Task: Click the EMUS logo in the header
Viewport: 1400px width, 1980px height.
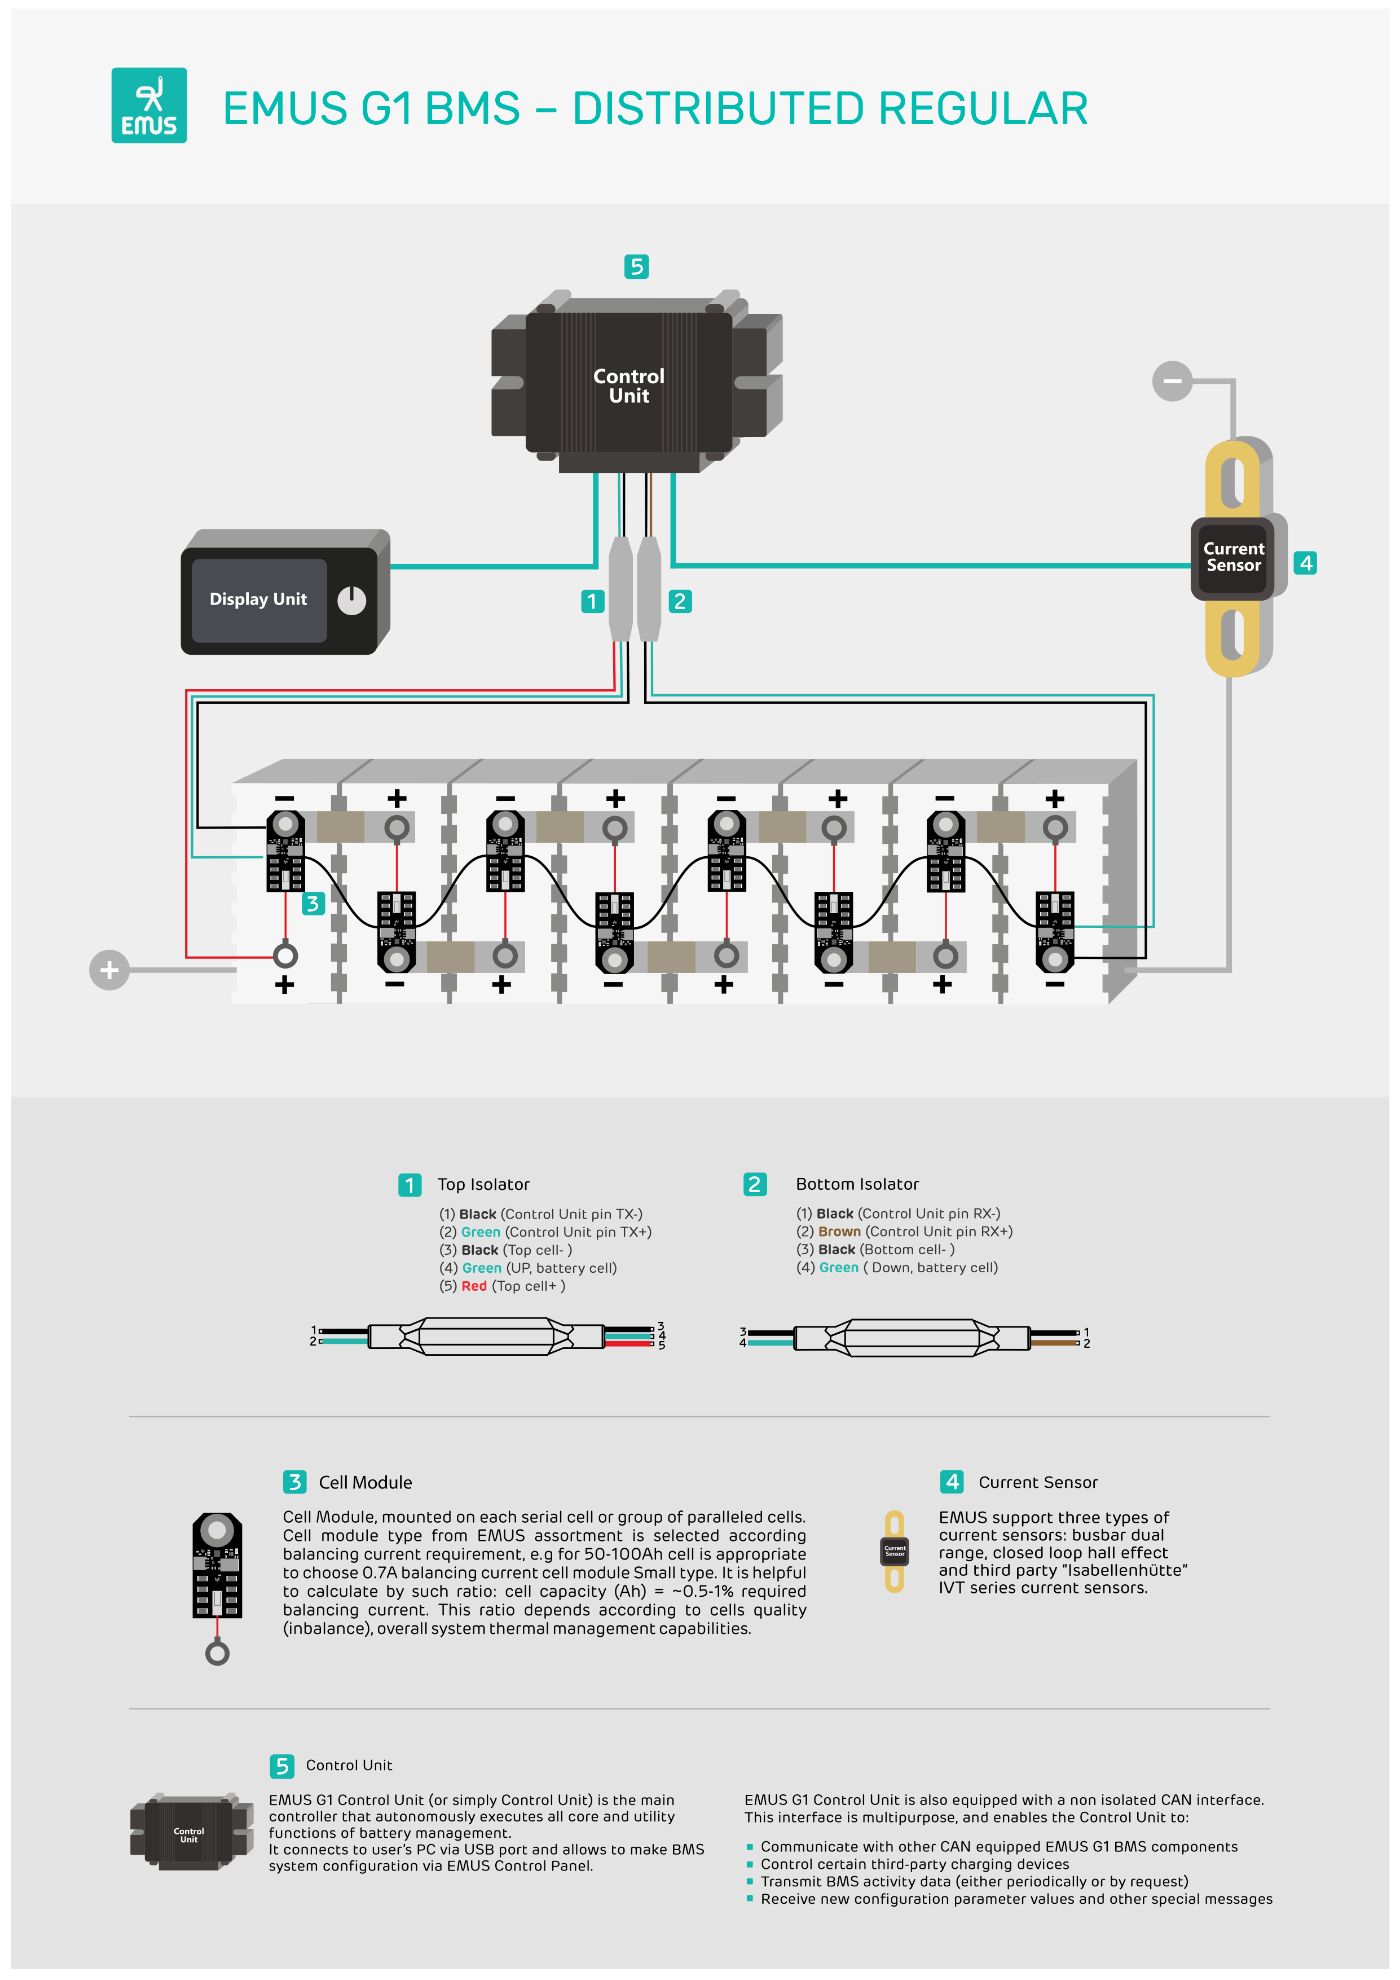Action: pos(149,105)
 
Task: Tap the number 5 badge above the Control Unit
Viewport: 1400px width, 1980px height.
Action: pos(636,266)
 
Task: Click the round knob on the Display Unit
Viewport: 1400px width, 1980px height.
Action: pos(352,600)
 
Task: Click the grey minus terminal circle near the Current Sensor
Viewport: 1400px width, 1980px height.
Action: pos(1172,380)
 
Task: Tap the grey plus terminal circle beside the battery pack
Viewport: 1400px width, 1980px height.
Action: pos(109,970)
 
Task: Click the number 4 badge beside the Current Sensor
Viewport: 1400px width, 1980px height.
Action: pos(1305,563)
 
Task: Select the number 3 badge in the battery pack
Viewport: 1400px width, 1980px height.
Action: pos(312,904)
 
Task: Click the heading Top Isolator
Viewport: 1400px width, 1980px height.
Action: pos(483,1184)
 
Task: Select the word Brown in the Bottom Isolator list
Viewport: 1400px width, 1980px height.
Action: pos(839,1232)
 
